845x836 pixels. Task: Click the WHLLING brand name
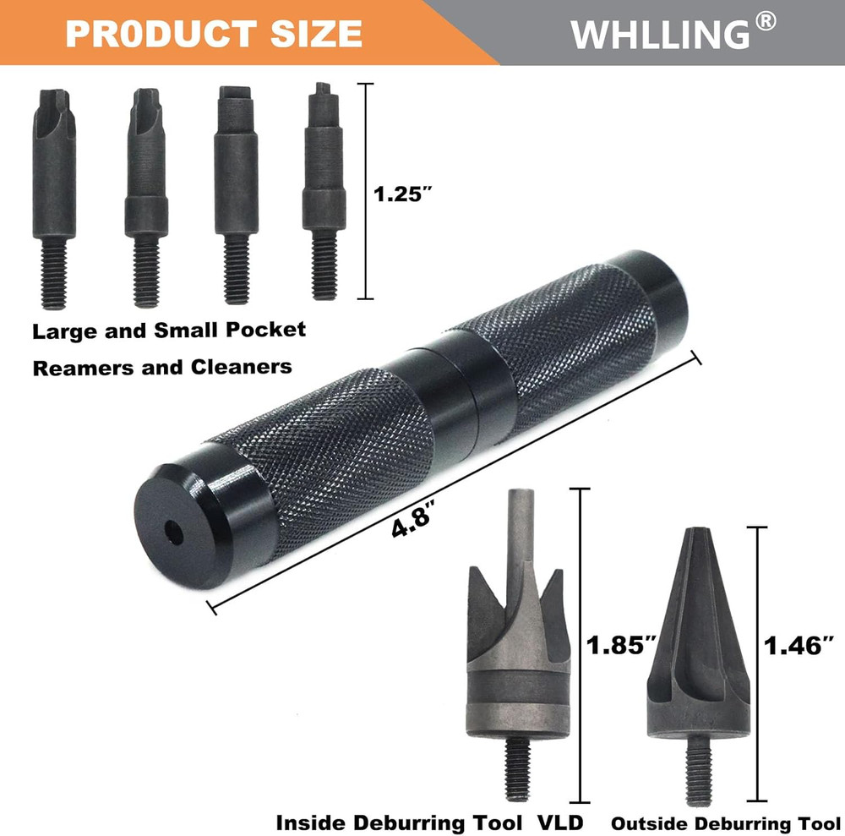click(659, 35)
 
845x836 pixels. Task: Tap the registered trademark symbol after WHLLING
click(765, 23)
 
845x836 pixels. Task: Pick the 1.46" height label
click(798, 646)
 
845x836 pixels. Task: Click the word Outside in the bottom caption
click(643, 823)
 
